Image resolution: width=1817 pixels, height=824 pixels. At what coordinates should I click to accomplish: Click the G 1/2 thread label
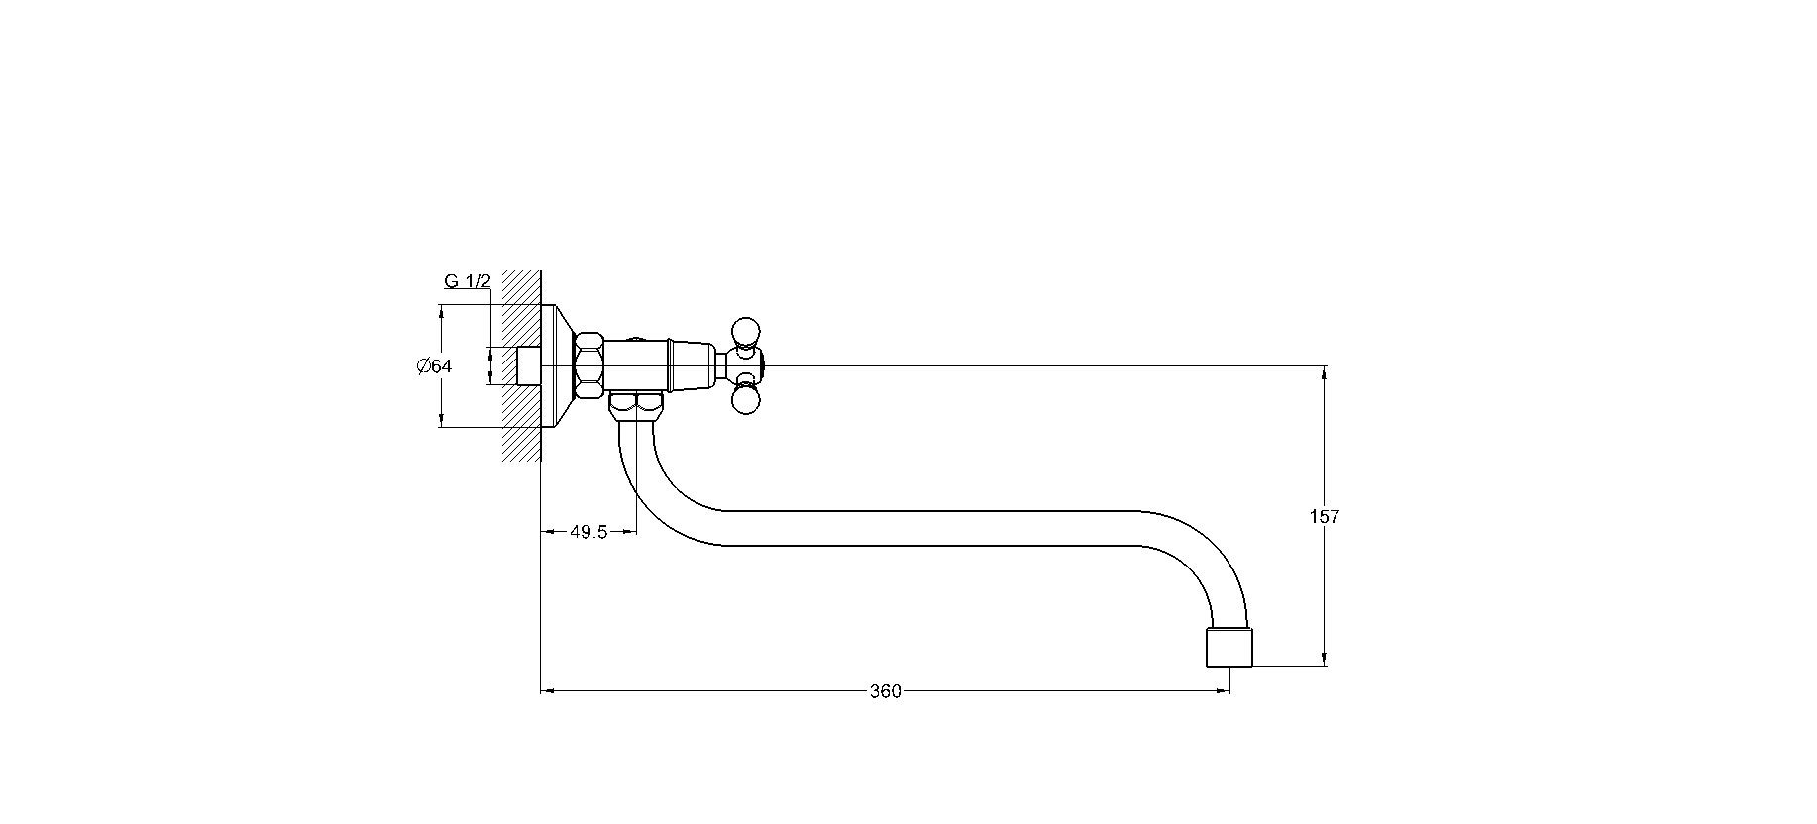coord(468,282)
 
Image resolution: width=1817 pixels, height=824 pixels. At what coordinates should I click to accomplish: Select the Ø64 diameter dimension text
coord(434,366)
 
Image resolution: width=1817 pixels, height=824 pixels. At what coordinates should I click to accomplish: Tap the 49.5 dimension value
coord(588,532)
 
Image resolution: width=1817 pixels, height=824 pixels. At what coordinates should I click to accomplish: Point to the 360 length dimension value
coord(886,691)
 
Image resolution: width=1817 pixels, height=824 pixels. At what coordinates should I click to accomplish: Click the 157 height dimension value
coord(1324,516)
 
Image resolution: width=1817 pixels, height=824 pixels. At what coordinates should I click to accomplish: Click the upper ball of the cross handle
coord(745,329)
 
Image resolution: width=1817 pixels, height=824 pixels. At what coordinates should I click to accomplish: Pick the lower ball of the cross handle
coord(745,399)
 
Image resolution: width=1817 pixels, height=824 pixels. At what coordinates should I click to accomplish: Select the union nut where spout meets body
coord(636,405)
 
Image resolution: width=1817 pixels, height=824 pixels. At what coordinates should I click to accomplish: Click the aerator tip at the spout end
coord(1229,646)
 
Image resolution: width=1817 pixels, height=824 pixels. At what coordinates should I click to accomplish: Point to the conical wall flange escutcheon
coord(558,366)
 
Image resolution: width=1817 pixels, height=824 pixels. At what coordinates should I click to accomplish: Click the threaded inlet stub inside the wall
coord(529,365)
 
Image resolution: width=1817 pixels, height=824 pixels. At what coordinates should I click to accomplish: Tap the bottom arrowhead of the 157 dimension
coord(1325,658)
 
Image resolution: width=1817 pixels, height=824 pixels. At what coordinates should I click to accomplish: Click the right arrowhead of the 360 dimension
coord(1222,691)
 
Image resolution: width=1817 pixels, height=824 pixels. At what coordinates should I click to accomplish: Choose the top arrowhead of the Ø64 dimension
coord(440,313)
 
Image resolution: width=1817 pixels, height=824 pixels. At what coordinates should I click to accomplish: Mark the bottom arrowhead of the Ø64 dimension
coord(440,419)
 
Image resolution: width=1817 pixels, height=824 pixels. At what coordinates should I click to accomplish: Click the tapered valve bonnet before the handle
coord(692,365)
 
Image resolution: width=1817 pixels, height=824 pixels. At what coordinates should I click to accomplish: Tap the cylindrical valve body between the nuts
coord(636,365)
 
